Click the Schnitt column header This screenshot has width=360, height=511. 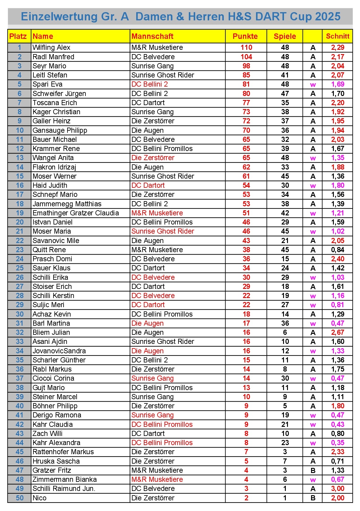click(x=337, y=36)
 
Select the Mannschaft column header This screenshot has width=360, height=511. click(x=152, y=36)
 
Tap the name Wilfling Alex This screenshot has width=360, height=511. click(x=51, y=47)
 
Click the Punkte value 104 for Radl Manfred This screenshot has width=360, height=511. click(x=246, y=57)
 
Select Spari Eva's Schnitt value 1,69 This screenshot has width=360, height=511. click(x=337, y=84)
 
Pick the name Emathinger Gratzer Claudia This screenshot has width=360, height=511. click(x=76, y=213)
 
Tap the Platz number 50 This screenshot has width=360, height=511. click(x=19, y=498)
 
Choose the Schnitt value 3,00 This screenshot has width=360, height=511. click(x=337, y=489)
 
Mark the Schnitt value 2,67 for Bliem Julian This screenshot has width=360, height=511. click(x=337, y=332)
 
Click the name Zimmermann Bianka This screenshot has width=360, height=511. click(x=64, y=479)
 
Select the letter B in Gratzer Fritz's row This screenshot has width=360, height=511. click(x=313, y=471)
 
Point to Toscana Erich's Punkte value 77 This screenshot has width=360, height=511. click(x=246, y=103)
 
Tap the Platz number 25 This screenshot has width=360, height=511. click(x=19, y=268)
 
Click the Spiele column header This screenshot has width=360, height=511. click(x=285, y=36)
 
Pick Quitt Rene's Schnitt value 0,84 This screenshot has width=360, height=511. click(x=337, y=250)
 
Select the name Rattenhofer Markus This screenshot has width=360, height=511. click(x=63, y=452)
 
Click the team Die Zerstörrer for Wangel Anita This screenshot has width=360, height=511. click(x=153, y=158)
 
